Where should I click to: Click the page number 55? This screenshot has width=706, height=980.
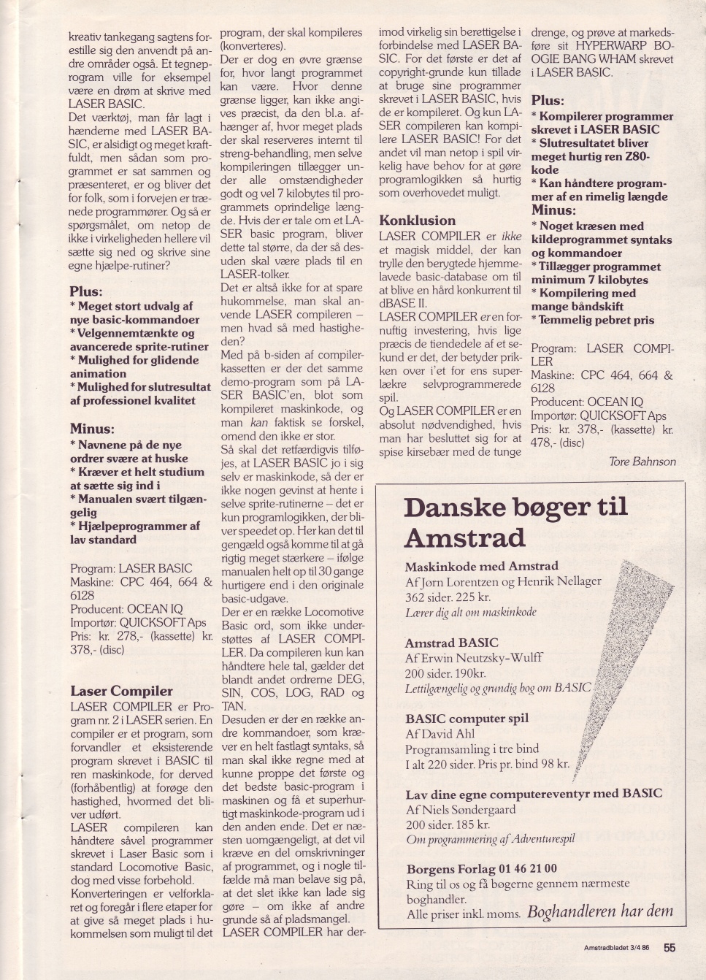(x=669, y=948)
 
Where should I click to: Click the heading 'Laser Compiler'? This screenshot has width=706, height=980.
(x=121, y=691)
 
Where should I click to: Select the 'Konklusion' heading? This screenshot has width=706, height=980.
(x=417, y=221)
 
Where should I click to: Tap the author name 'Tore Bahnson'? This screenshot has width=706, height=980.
(x=642, y=462)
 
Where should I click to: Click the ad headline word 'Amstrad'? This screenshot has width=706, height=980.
(x=464, y=538)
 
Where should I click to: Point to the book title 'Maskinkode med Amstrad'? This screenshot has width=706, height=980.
(x=481, y=566)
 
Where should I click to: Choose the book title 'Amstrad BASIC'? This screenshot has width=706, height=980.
(x=451, y=643)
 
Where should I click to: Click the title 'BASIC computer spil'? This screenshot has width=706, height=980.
(x=467, y=718)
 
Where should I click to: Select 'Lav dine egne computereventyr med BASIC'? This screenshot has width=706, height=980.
(x=534, y=794)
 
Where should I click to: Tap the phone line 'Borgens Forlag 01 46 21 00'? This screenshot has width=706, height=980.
(x=481, y=869)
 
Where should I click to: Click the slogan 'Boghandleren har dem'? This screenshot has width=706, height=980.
(x=599, y=911)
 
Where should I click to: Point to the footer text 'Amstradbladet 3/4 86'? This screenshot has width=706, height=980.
(x=616, y=948)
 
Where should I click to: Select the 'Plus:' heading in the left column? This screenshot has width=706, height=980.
(x=86, y=291)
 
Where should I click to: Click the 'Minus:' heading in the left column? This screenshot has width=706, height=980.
(x=92, y=429)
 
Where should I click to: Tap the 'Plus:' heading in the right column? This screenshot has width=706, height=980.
(x=548, y=101)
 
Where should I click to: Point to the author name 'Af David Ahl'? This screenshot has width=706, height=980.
(x=440, y=734)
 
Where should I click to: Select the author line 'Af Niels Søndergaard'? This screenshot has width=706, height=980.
(x=461, y=810)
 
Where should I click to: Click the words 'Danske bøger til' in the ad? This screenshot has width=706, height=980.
(x=515, y=508)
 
